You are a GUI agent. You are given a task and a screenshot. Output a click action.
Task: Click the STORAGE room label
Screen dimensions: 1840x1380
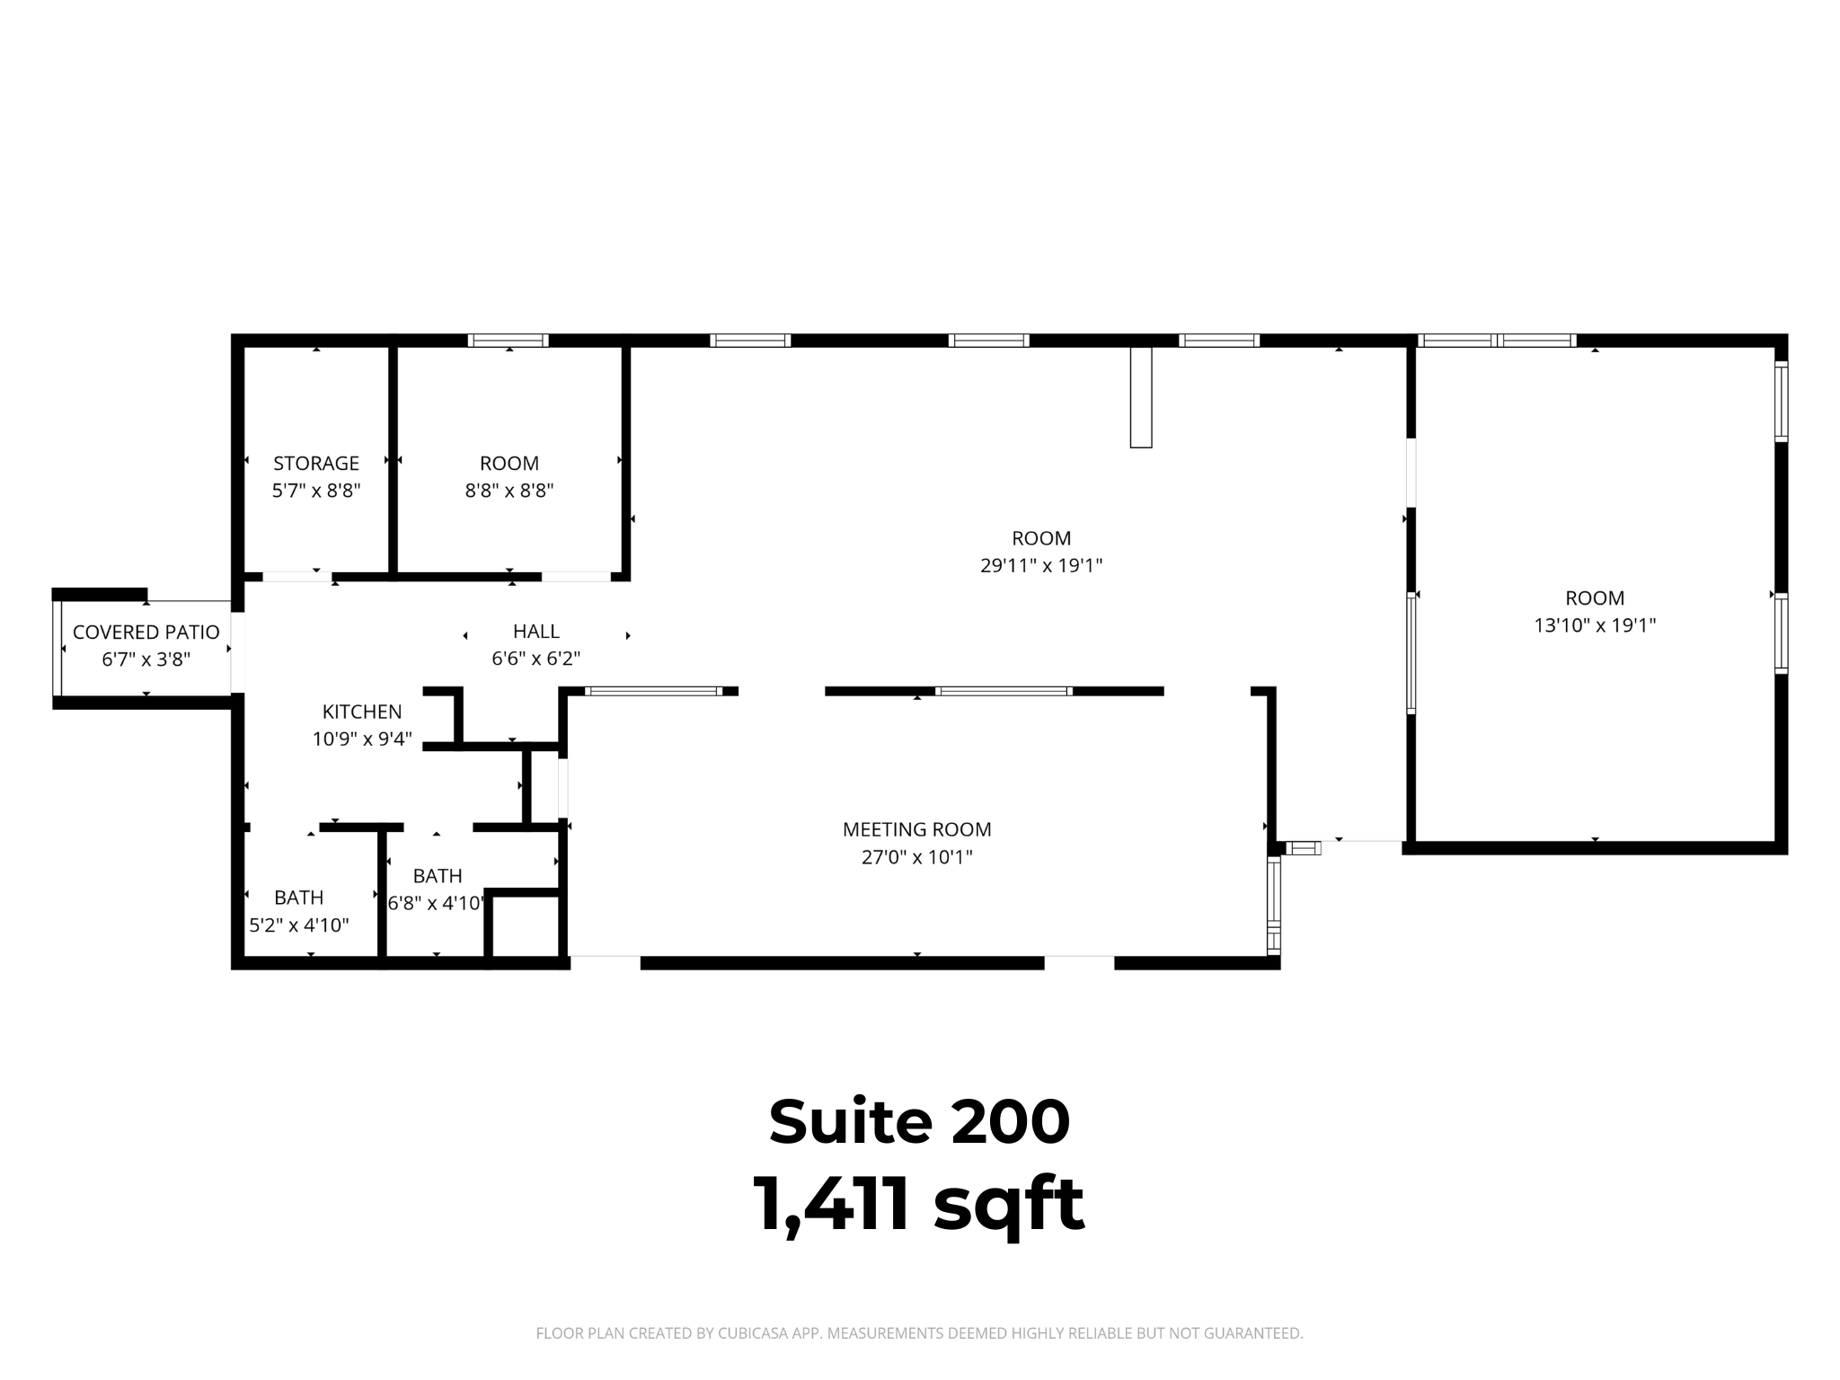point(316,464)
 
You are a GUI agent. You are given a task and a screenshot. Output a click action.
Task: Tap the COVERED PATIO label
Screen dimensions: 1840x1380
point(146,632)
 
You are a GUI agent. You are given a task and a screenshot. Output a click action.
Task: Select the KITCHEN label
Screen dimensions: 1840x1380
point(362,712)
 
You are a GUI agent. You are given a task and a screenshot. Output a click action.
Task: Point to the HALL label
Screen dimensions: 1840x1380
point(536,632)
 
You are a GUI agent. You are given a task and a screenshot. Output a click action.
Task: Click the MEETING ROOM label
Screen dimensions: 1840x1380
point(917,830)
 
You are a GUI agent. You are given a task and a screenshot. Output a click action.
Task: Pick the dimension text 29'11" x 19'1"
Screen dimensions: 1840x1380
point(1041,566)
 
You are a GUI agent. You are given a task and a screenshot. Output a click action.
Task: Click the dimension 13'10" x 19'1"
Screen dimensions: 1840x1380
point(1595,625)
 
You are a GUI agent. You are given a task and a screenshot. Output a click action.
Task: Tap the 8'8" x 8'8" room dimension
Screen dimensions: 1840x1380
point(509,491)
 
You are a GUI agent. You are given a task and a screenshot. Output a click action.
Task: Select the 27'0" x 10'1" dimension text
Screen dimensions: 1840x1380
point(917,857)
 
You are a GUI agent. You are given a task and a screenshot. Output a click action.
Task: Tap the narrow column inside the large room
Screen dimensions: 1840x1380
point(1141,397)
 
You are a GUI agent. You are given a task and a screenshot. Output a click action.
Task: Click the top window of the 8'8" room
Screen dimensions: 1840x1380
point(509,341)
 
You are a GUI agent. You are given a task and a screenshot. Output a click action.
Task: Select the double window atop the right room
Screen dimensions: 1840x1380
point(1497,341)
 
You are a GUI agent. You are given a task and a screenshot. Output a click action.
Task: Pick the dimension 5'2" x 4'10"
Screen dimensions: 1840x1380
point(299,925)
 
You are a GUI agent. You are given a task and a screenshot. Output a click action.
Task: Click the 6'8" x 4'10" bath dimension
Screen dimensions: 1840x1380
point(438,903)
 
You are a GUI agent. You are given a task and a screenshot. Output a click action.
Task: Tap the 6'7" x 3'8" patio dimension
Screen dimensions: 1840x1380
point(146,659)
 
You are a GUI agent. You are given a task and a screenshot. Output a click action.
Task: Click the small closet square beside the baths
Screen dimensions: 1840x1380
point(524,926)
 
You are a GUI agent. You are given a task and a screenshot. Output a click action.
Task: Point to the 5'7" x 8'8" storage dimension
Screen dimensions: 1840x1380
point(316,491)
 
